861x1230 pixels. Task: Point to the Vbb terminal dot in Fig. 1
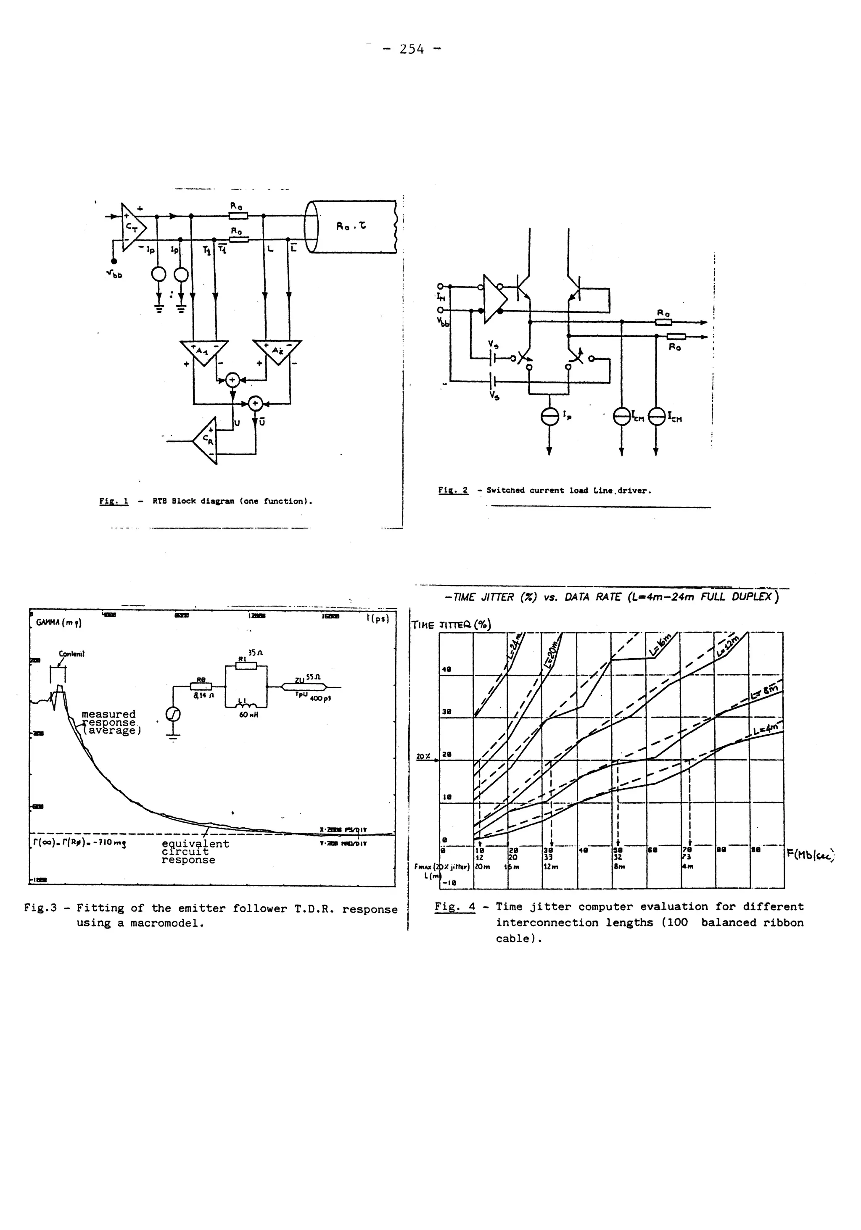tap(114, 261)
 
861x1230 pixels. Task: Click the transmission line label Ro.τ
tap(351, 226)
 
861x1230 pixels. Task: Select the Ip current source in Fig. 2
tap(549, 417)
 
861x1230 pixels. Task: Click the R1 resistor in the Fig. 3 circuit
tap(246, 666)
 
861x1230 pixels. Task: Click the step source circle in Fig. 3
tap(174, 714)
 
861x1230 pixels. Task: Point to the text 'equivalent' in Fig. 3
tap(195, 844)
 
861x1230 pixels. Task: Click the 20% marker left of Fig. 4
tap(423, 756)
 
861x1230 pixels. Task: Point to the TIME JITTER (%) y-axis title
tap(451, 625)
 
